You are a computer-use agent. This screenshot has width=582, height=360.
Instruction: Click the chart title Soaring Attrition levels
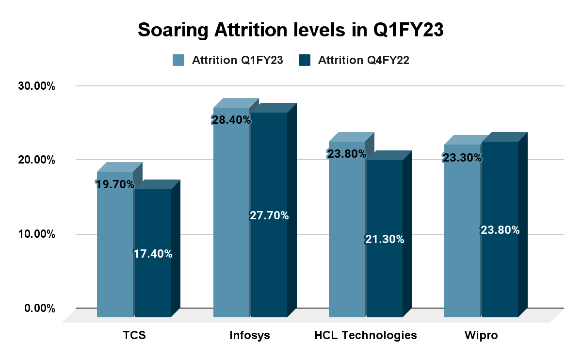tap(291, 30)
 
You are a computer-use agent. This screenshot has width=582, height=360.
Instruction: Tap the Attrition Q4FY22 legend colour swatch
tap(305, 60)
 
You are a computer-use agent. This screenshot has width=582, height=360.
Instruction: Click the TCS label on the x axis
tap(134, 335)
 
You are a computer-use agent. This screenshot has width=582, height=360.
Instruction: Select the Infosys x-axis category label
tap(250, 335)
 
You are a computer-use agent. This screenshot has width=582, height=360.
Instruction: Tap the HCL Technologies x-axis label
tap(366, 335)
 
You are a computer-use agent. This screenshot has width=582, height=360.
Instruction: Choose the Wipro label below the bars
tap(481, 335)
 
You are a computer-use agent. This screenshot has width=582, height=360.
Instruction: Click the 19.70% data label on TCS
tap(115, 184)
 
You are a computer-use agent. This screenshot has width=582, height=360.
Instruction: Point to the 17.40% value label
tap(153, 253)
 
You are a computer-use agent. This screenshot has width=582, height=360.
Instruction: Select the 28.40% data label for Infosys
tap(231, 120)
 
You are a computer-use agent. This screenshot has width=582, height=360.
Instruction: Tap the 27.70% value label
tap(269, 216)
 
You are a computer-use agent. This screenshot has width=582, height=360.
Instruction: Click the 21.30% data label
tap(385, 239)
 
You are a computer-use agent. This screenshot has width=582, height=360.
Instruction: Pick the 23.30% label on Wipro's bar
tap(462, 158)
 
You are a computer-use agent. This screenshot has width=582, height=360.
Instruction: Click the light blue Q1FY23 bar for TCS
tap(115, 252)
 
